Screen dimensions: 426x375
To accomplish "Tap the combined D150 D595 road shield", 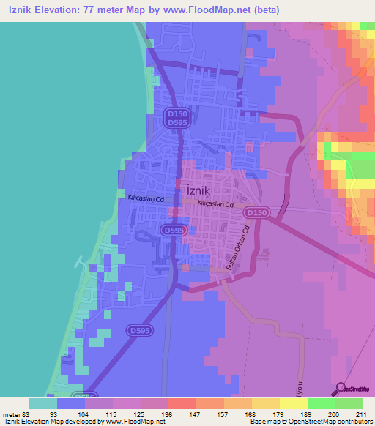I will pyautogui.click(x=176, y=119).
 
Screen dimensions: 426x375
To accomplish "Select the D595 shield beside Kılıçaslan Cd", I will pyautogui.click(x=173, y=231).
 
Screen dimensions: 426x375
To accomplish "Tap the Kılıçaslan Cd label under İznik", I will pyautogui.click(x=215, y=205).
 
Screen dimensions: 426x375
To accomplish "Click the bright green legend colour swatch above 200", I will pyautogui.click(x=322, y=403).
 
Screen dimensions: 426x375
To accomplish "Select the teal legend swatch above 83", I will pyautogui.click(x=43, y=403).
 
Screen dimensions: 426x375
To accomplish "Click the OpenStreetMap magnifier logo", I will pyautogui.click(x=340, y=389).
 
